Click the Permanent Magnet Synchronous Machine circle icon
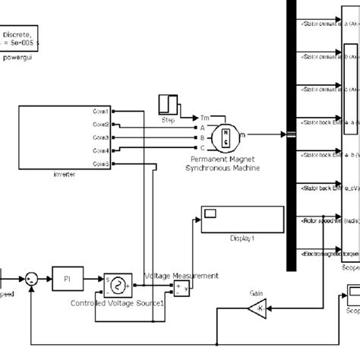226,136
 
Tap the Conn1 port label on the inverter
101,111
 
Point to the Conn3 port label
101,137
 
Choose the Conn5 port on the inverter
101,163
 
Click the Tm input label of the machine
204,118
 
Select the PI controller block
65,279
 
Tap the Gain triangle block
255,308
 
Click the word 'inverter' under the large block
63,174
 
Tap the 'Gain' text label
257,292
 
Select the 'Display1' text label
242,238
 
